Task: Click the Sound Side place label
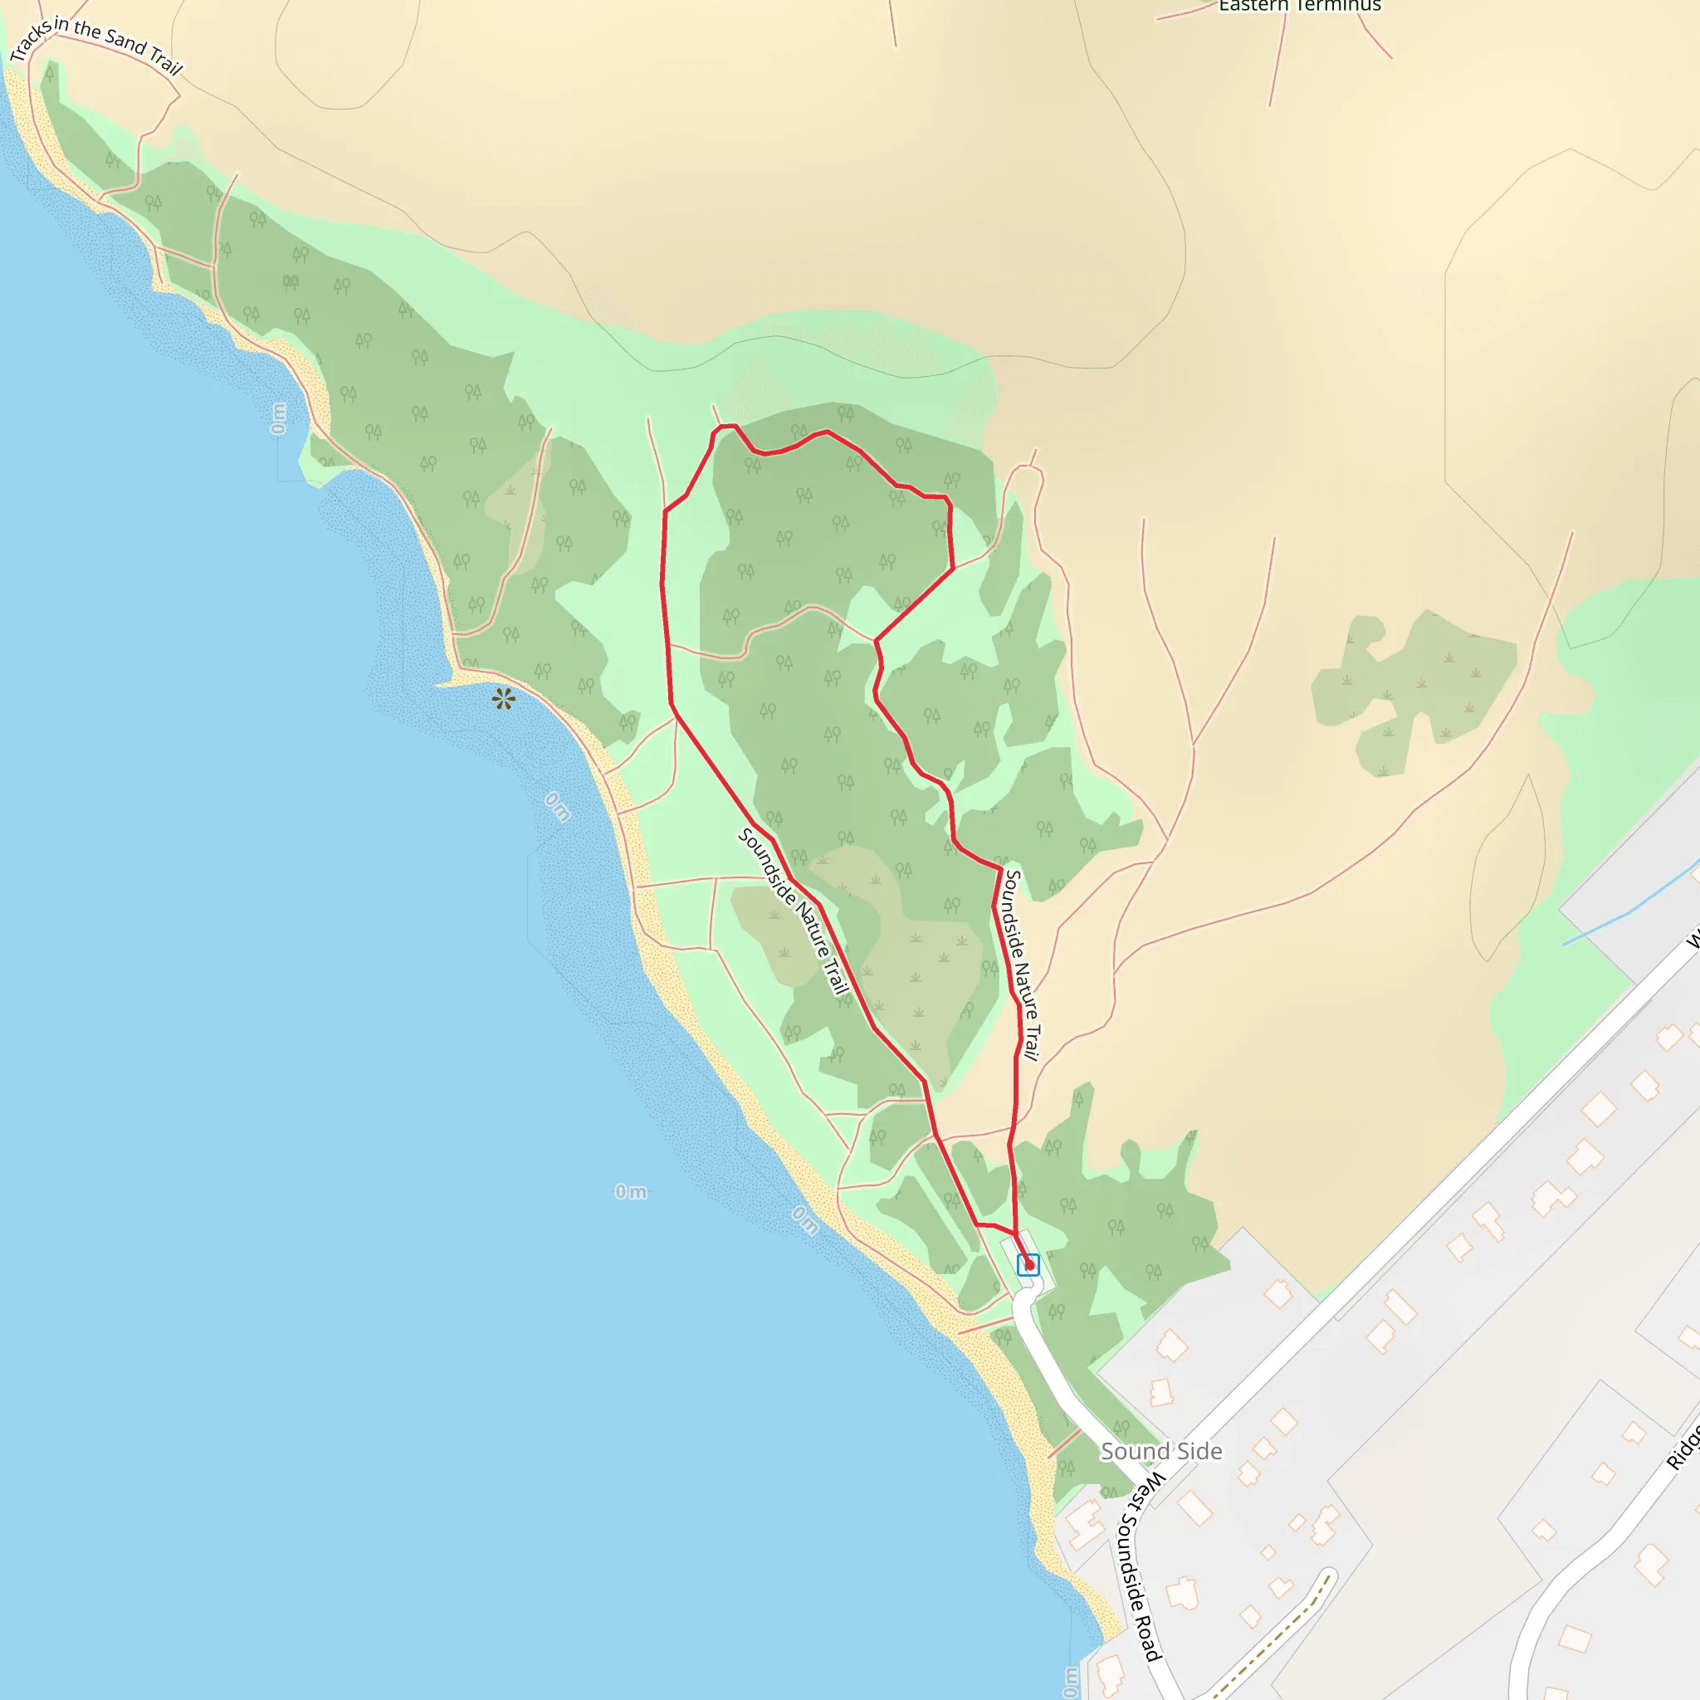[1161, 1452]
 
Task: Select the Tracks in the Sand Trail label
[95, 45]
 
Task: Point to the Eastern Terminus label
[1300, 6]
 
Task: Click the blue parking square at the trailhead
[1028, 1264]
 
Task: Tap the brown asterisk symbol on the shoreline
[503, 700]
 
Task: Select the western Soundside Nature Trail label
[794, 911]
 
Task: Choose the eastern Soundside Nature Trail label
[1023, 965]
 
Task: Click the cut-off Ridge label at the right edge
[1683, 1448]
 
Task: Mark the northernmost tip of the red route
[727, 426]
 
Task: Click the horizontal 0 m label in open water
[631, 1191]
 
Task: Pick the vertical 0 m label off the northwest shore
[279, 419]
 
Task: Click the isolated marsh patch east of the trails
[1412, 686]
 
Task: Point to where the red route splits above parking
[1014, 1232]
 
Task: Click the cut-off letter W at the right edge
[1691, 940]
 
